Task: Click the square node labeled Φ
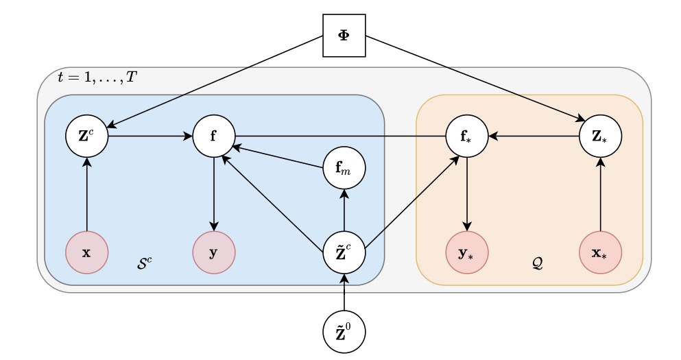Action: pos(344,35)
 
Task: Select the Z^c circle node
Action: pos(86,136)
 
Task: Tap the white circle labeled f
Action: pos(214,136)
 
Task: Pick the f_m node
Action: pos(344,167)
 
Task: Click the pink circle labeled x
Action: pos(86,252)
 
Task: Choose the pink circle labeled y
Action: pos(214,252)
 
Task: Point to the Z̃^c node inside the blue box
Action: pos(344,252)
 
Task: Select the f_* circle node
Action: pos(467,136)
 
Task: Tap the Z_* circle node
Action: pos(601,136)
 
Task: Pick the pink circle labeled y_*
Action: pos(467,252)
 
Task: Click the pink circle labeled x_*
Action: pos(601,252)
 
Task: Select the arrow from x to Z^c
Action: pos(86,195)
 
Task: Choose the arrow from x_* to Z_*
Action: pos(601,195)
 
